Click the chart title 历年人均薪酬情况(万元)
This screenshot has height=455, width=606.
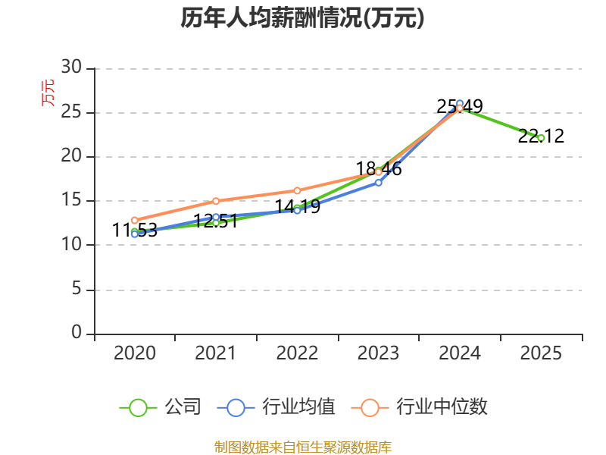pos(302,17)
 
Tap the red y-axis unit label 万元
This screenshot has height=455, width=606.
pos(48,93)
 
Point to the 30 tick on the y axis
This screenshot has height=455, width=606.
pos(71,67)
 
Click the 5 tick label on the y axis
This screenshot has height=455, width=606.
pos(77,289)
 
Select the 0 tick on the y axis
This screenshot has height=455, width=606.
pos(77,332)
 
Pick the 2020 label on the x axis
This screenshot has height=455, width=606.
pos(135,353)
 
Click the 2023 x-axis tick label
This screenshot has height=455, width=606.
pos(378,353)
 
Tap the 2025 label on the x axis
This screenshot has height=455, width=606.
pos(541,353)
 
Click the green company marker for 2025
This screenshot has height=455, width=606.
pos(541,138)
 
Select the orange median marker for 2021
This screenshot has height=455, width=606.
pos(216,201)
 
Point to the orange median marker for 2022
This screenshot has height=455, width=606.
pos(297,190)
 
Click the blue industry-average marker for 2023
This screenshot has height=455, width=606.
pos(378,183)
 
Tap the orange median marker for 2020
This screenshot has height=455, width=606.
pos(135,220)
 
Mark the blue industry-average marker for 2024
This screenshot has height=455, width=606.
pos(460,104)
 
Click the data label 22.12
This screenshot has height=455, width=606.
pos(541,136)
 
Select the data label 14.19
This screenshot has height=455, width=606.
pos(297,206)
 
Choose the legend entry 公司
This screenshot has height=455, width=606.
pos(161,407)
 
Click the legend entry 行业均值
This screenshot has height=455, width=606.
pos(276,407)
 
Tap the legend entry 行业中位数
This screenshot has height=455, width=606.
pos(420,407)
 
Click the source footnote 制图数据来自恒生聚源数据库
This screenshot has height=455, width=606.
pos(302,447)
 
